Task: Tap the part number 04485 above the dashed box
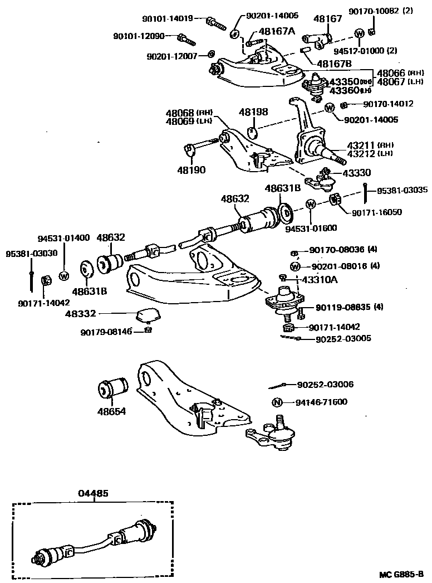(x=93, y=493)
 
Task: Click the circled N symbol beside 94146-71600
(x=277, y=402)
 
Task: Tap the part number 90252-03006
(x=326, y=385)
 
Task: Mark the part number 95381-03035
(x=402, y=190)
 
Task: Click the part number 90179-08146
(x=106, y=332)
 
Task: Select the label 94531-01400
(x=63, y=238)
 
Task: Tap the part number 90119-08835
(x=342, y=307)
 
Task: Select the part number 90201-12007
(x=173, y=56)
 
